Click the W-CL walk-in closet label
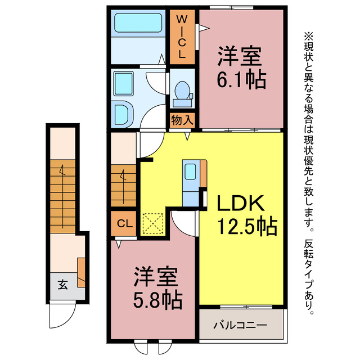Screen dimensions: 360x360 pos(182,37)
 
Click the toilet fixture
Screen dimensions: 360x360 pos(182,93)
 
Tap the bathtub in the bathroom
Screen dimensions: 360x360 pos(138,24)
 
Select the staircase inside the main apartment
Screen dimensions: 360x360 pos(123,185)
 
